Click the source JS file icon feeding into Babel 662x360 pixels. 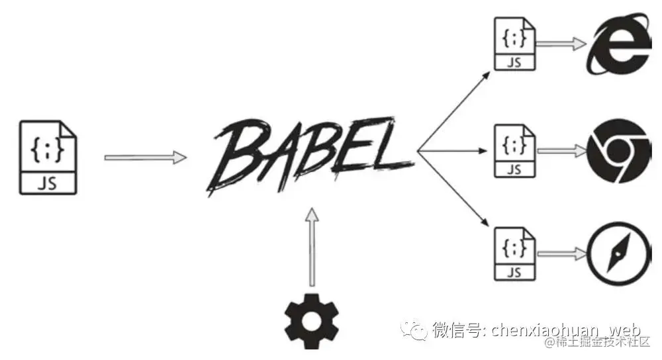tap(48, 157)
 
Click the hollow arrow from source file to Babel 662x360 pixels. tap(146, 157)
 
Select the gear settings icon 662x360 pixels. tap(311, 320)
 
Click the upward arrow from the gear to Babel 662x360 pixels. tap(311, 248)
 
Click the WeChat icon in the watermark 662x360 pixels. tap(418, 329)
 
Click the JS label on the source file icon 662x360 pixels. tap(48, 183)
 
